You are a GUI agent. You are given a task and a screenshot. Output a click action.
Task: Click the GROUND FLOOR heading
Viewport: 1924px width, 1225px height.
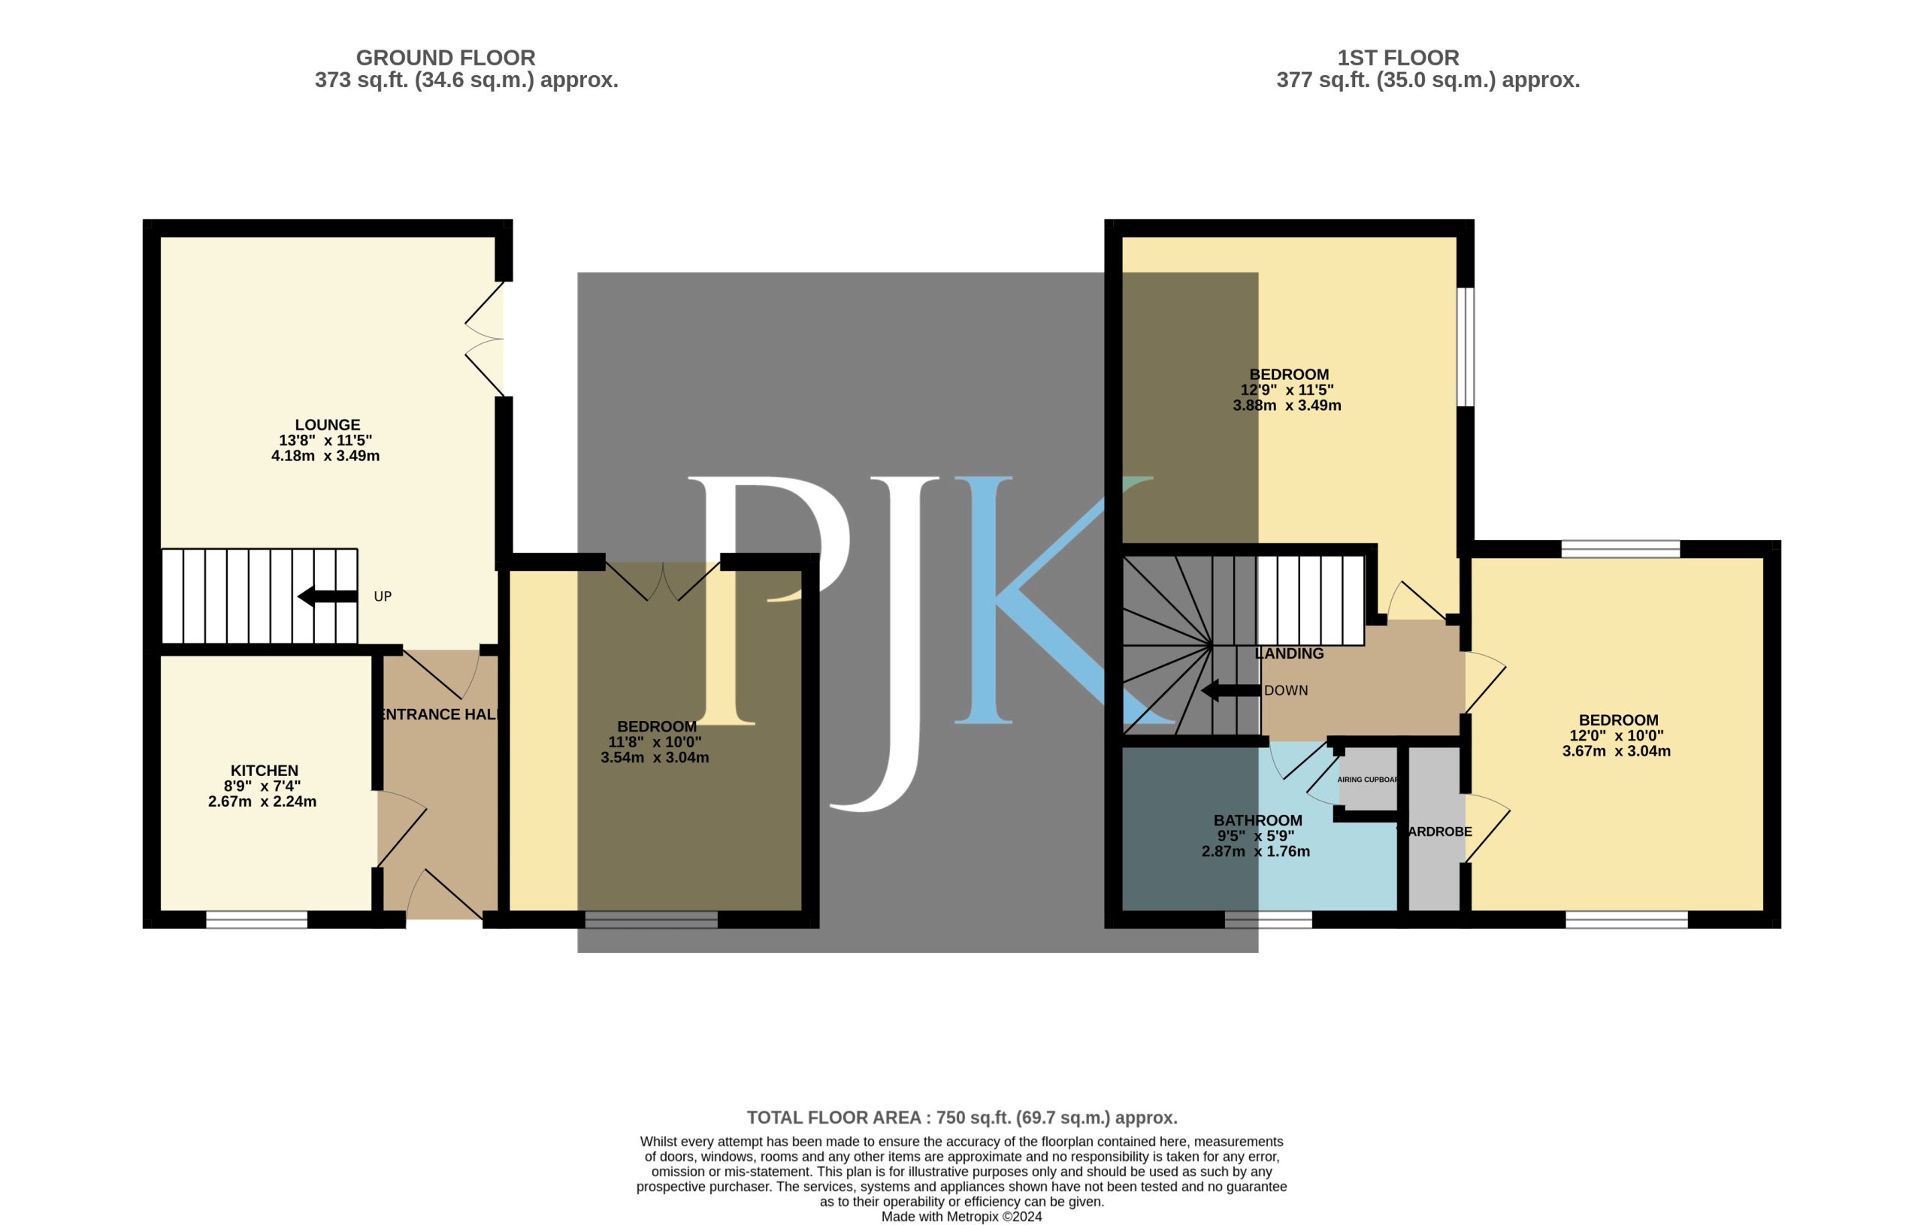tap(445, 58)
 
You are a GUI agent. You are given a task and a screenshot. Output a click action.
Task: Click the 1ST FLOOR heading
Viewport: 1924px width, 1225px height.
tap(1398, 58)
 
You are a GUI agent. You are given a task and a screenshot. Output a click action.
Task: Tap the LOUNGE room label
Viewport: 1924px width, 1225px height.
tap(328, 425)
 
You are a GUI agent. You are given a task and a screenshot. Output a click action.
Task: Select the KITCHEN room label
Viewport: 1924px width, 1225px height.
tap(265, 771)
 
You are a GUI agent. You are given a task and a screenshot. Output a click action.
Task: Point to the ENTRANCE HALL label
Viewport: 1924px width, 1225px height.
tap(440, 715)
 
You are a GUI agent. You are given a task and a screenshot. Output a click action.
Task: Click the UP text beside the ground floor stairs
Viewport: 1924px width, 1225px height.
tap(383, 596)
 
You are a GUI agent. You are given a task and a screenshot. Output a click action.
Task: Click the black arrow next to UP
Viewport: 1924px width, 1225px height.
tap(328, 596)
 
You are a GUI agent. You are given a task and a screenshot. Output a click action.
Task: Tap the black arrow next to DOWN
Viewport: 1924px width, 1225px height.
tap(1231, 690)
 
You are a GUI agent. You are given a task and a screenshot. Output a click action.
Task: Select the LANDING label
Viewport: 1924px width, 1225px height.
tap(1290, 653)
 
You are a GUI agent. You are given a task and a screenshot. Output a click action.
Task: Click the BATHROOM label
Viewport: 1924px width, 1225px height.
tap(1258, 820)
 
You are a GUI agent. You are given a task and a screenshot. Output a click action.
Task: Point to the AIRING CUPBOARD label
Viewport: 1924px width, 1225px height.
tap(1368, 780)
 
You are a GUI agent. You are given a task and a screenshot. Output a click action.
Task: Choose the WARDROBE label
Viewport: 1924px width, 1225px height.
tap(1435, 831)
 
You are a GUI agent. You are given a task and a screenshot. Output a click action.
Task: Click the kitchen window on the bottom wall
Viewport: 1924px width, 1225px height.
tap(256, 919)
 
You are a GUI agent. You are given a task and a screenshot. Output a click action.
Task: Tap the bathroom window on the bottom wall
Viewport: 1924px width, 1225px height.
tap(1268, 919)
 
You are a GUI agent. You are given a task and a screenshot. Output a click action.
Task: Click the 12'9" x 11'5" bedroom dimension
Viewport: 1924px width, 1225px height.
tap(1287, 390)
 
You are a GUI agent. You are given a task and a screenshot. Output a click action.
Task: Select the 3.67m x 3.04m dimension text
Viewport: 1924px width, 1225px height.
tap(1617, 750)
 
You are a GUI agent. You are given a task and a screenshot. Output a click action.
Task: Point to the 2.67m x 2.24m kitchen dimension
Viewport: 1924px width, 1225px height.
tap(262, 801)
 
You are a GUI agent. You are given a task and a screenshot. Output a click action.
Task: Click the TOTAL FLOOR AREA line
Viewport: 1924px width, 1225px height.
tap(962, 1117)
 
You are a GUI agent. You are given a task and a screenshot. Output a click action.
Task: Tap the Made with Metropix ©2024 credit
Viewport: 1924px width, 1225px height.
tap(962, 1216)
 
